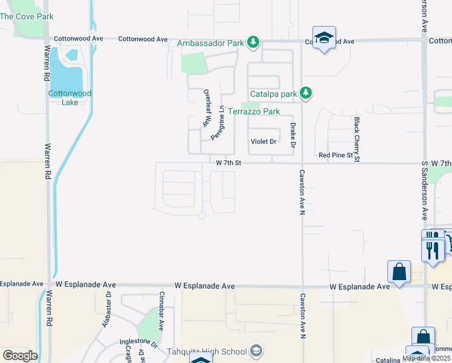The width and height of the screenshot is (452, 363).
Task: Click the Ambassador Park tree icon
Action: click(254, 42)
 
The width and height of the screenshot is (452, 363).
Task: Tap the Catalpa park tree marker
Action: click(306, 93)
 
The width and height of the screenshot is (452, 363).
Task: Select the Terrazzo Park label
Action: click(253, 112)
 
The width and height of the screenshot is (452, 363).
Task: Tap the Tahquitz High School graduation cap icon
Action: click(256, 351)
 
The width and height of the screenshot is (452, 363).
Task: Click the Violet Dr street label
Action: click(263, 142)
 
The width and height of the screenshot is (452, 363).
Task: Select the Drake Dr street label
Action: click(293, 135)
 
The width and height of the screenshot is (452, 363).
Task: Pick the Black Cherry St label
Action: click(357, 140)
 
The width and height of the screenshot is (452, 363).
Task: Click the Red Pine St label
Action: click(335, 155)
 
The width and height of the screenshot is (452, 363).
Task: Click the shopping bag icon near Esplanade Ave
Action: click(399, 272)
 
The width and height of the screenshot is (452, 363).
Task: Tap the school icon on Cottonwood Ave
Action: click(324, 38)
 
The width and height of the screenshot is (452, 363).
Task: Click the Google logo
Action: click(19, 356)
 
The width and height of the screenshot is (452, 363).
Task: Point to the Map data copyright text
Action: click(427, 358)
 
